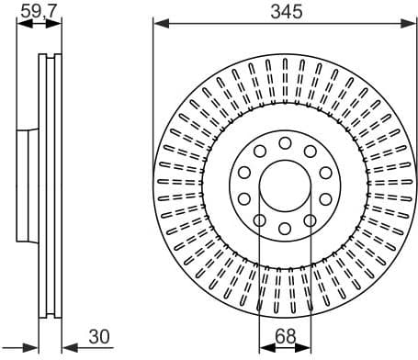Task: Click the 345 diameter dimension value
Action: pos(285,11)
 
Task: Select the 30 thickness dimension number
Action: pos(97,337)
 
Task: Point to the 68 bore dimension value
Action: pos(285,337)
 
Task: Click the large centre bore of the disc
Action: pos(285,185)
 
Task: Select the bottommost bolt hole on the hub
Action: pos(285,228)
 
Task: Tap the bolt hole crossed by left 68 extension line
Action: pos(260,220)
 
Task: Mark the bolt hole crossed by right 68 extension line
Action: pos(310,220)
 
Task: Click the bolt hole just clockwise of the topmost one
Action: pos(310,150)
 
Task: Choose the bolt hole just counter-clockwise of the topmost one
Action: pos(260,150)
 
